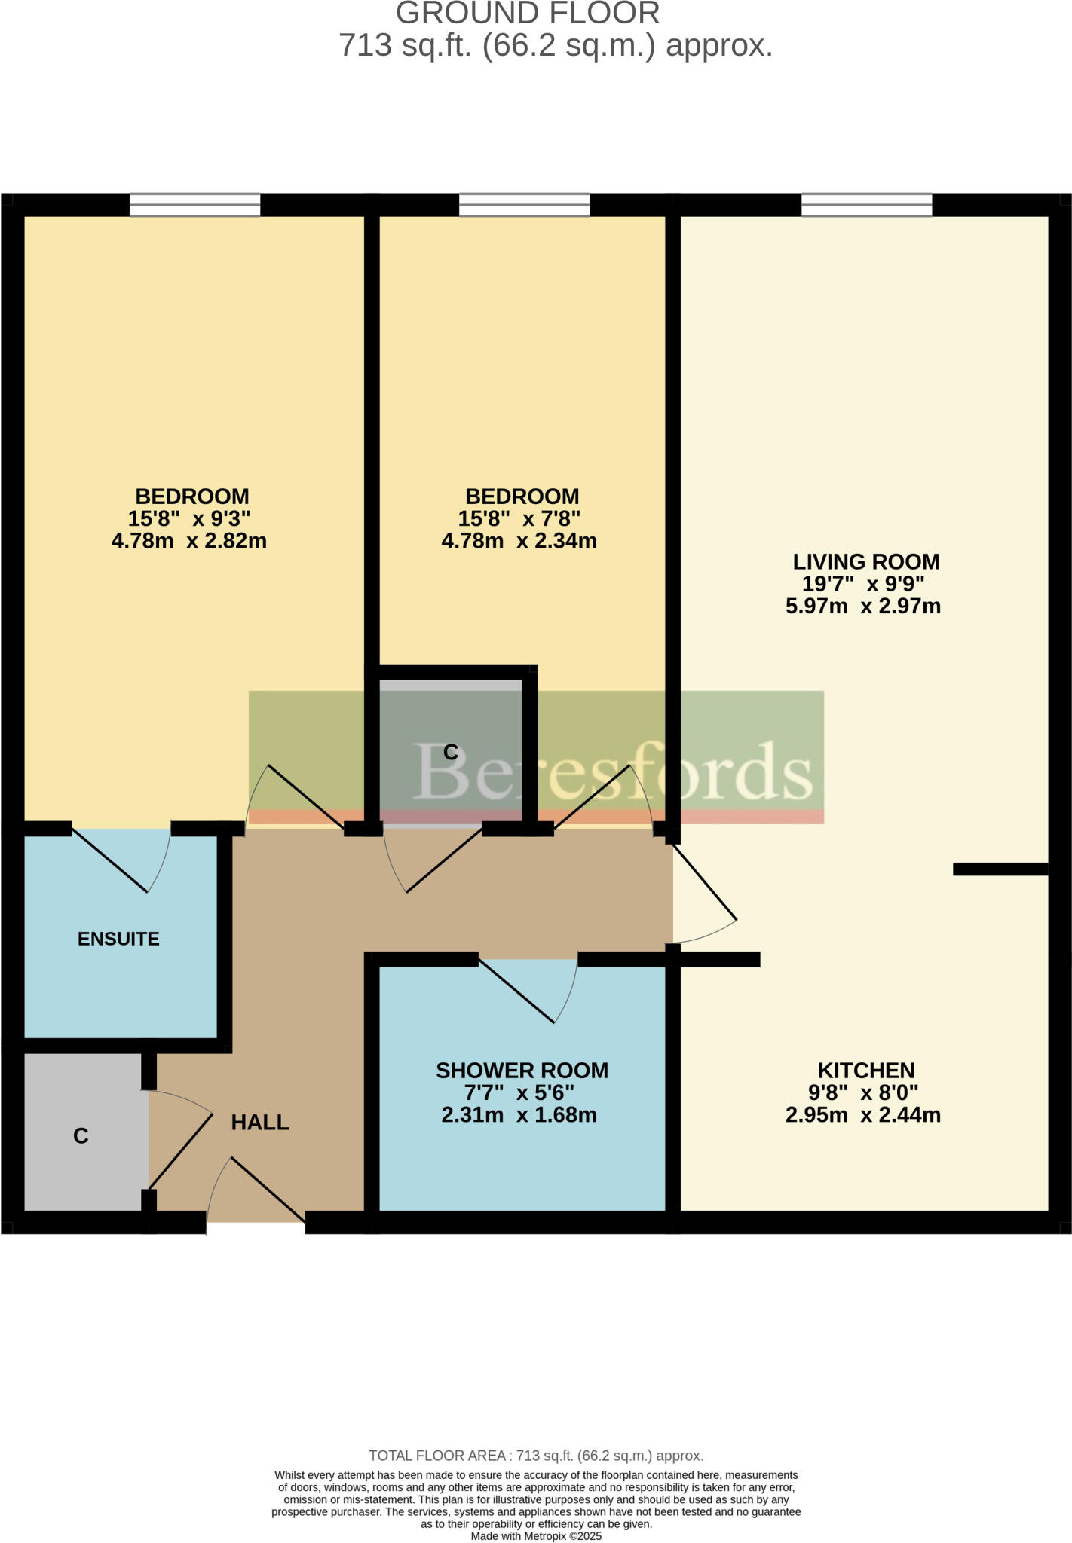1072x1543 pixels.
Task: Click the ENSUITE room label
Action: pyautogui.click(x=118, y=939)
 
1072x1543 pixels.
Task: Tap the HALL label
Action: pyautogui.click(x=259, y=1122)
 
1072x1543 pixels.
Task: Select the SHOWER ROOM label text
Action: pyautogui.click(x=522, y=1070)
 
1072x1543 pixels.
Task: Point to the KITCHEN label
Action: pyautogui.click(x=866, y=1070)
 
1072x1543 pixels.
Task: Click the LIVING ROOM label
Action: pyautogui.click(x=866, y=561)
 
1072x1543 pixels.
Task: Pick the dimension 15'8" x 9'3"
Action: pyautogui.click(x=189, y=518)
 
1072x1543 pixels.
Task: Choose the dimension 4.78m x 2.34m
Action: pyautogui.click(x=519, y=540)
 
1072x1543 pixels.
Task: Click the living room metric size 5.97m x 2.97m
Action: pyautogui.click(x=863, y=606)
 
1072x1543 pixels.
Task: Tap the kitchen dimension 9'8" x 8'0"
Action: pyautogui.click(x=864, y=1092)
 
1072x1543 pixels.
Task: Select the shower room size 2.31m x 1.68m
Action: pyautogui.click(x=519, y=1114)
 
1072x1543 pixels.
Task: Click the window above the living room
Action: pyautogui.click(x=866, y=204)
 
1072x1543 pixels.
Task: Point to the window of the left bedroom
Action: pyautogui.click(x=194, y=204)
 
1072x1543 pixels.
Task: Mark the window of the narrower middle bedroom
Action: pyautogui.click(x=524, y=204)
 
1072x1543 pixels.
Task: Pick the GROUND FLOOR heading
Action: pyautogui.click(x=528, y=14)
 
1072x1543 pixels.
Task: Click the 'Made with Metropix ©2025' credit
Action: pyautogui.click(x=536, y=1535)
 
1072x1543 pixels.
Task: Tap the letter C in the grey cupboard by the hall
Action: pyautogui.click(x=81, y=1135)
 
